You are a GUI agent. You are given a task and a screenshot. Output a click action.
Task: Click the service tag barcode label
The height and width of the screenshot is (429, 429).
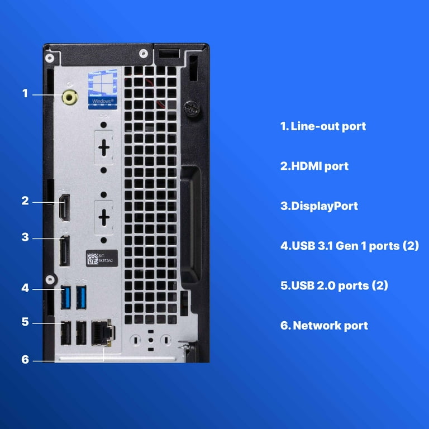tap(102, 258)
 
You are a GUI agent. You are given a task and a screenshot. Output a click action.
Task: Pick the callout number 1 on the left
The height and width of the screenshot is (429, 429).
tap(25, 93)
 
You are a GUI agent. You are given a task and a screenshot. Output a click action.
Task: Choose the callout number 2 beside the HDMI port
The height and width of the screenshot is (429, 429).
tap(25, 201)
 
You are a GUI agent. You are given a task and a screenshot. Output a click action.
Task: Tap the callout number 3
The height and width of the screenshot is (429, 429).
tap(25, 237)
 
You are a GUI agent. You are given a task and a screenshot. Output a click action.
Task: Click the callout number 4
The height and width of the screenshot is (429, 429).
tap(25, 288)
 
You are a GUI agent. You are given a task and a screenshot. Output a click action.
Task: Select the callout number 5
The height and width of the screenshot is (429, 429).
tap(25, 322)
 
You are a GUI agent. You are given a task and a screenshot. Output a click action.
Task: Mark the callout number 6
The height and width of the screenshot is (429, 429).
tap(25, 359)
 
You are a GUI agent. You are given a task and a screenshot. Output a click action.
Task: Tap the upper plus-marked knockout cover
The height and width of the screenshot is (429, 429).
tap(104, 149)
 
